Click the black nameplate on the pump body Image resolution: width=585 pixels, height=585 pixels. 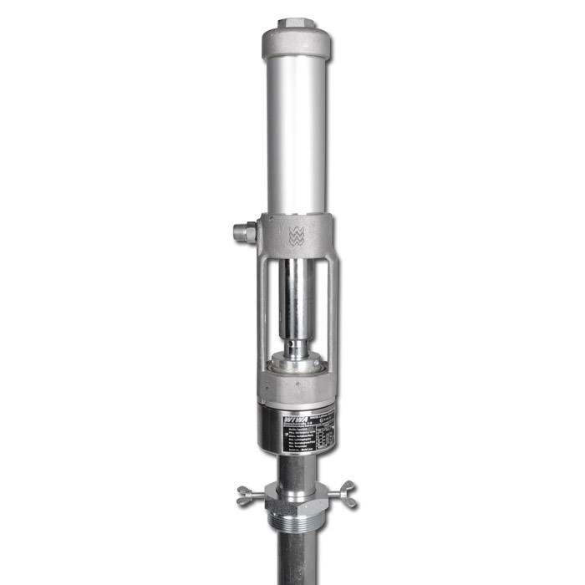297,430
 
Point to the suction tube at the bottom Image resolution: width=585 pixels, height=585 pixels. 297,564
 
